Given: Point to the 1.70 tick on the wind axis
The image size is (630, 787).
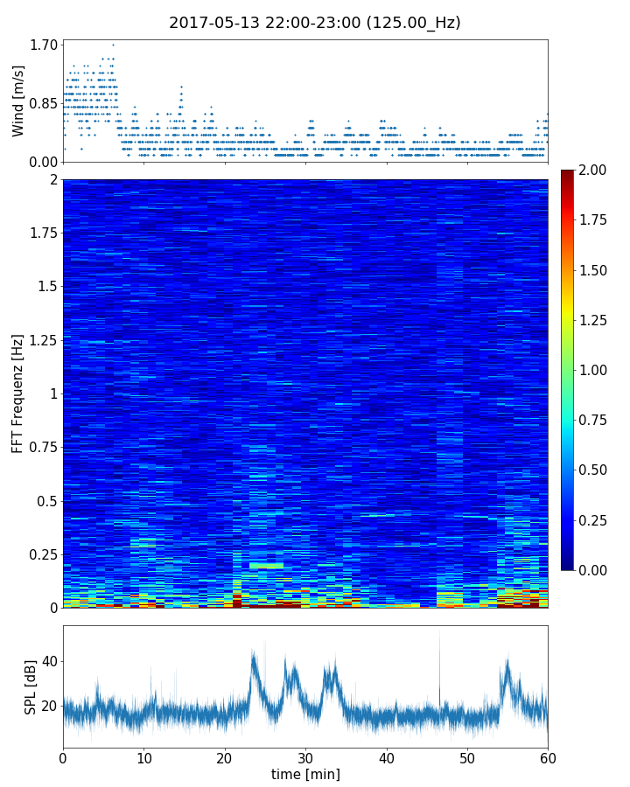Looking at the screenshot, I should point(44,45).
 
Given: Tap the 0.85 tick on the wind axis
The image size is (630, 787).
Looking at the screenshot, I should point(44,103).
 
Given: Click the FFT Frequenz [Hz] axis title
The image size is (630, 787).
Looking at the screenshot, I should point(18,393).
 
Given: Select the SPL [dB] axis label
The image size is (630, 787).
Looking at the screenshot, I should point(31,687).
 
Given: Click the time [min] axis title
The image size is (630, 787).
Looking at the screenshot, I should point(305,775).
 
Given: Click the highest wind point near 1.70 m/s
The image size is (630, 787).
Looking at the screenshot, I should point(113,45).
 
